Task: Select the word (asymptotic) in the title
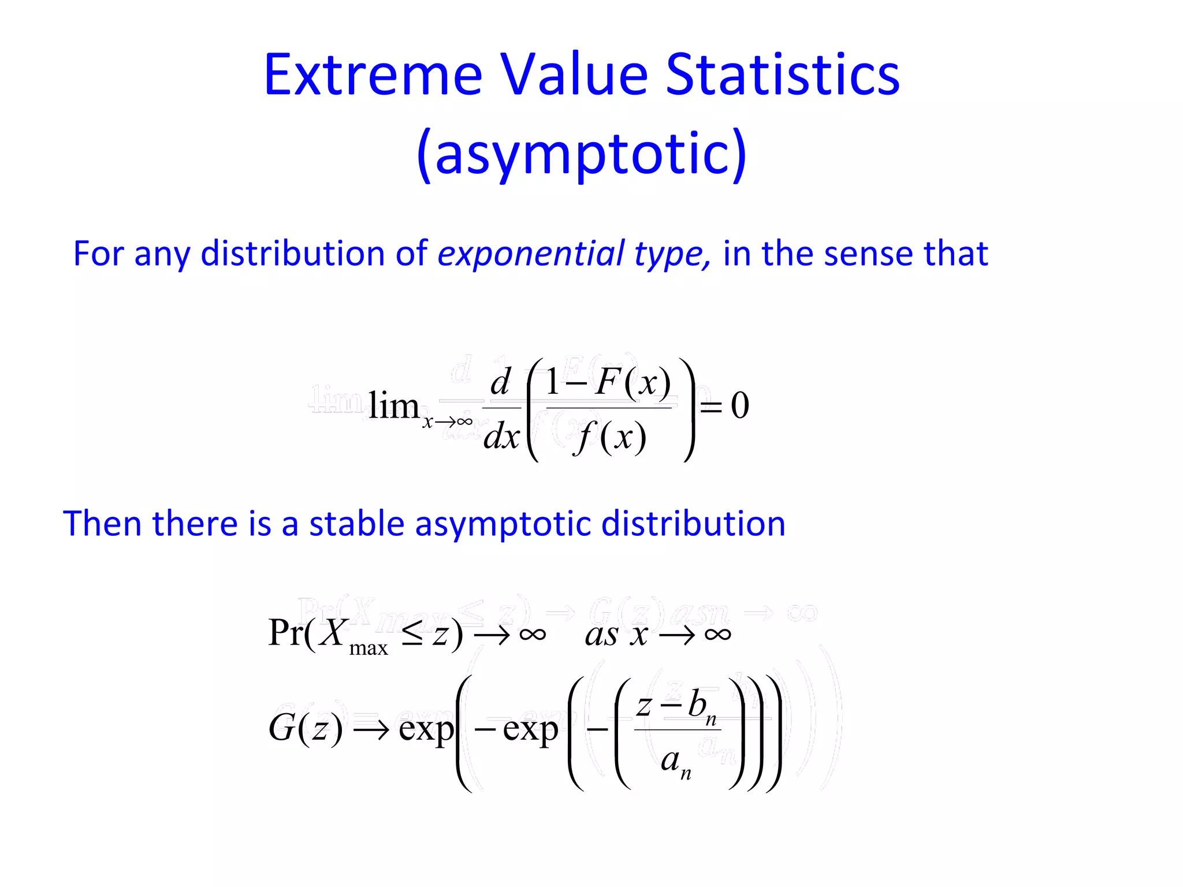[582, 153]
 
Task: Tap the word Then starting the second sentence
[102, 524]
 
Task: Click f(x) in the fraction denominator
[610, 438]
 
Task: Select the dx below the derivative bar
[501, 437]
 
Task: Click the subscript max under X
[369, 649]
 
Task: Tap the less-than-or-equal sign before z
[412, 634]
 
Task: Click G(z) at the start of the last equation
[306, 728]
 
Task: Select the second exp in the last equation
[530, 729]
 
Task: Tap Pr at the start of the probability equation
[286, 633]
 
